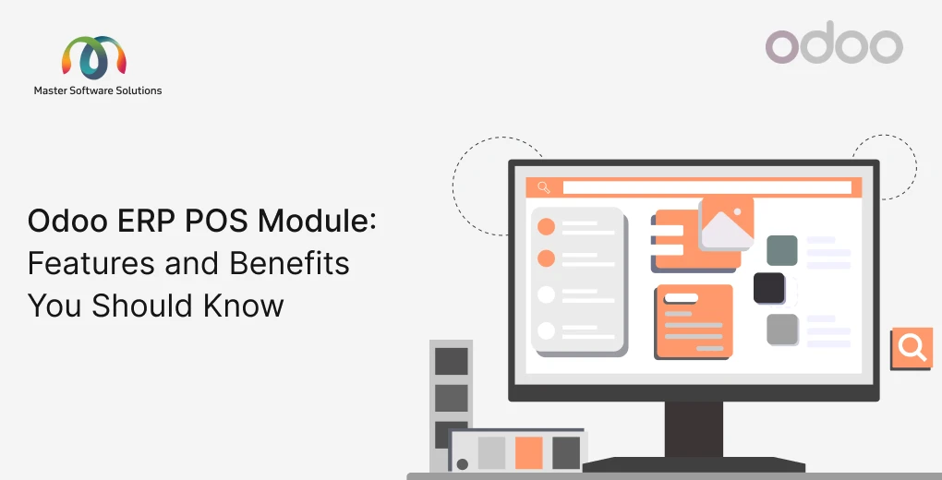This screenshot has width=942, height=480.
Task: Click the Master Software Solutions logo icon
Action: pyautogui.click(x=93, y=58)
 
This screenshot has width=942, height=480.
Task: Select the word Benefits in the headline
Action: pyautogui.click(x=290, y=264)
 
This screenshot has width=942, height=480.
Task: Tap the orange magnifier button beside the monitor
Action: pyautogui.click(x=912, y=348)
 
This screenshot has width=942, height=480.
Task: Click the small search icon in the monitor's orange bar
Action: pyautogui.click(x=544, y=187)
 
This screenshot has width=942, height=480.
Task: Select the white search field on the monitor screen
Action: pyautogui.click(x=706, y=187)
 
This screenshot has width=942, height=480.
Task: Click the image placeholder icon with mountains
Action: pyautogui.click(x=727, y=223)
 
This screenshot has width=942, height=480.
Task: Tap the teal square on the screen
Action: pyautogui.click(x=781, y=250)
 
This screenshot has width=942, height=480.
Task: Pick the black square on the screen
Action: pyautogui.click(x=769, y=288)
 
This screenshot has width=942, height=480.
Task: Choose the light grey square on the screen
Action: pyautogui.click(x=782, y=330)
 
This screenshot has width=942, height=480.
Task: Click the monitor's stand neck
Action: pyautogui.click(x=694, y=429)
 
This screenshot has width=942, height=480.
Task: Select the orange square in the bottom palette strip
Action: pyautogui.click(x=528, y=452)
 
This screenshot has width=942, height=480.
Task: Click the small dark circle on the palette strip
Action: pyautogui.click(x=463, y=463)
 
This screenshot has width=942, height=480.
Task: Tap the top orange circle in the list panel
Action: pyautogui.click(x=546, y=226)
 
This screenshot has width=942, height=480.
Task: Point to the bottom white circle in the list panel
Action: pyautogui.click(x=546, y=330)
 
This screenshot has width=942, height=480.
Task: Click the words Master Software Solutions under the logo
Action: pyautogui.click(x=98, y=90)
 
